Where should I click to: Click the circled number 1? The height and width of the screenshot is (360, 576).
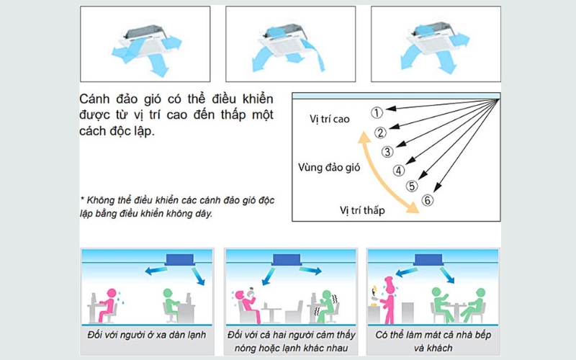377,112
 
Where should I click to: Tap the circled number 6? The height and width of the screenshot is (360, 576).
427,200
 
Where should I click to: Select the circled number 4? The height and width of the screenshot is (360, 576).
399,171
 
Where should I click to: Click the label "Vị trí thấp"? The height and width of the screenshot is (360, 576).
362,210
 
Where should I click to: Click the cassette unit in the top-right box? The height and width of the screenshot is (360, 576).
435,37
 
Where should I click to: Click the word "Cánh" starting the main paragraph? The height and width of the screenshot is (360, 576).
94,98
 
